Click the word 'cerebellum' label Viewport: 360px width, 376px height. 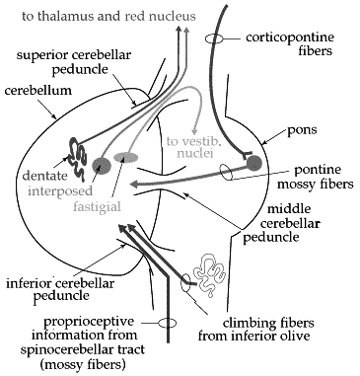click(37, 90)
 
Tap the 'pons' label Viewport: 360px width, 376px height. click(302, 130)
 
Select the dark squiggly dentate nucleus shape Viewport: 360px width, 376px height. click(78, 159)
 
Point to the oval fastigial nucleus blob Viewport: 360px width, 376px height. click(126, 157)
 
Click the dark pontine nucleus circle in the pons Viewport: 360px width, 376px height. click(254, 163)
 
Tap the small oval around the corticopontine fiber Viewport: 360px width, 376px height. click(214, 38)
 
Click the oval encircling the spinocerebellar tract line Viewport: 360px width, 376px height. click(168, 323)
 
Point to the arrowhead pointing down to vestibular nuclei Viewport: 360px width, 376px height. click(196, 129)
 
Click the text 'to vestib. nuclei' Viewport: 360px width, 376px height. click(189, 147)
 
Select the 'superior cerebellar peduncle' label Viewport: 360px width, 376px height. click(74, 62)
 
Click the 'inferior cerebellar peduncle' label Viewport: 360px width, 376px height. click(60, 289)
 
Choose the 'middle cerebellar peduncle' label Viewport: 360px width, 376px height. click(282, 223)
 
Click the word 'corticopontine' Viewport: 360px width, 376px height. click(290, 38)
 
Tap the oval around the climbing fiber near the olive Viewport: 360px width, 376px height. click(186, 282)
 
